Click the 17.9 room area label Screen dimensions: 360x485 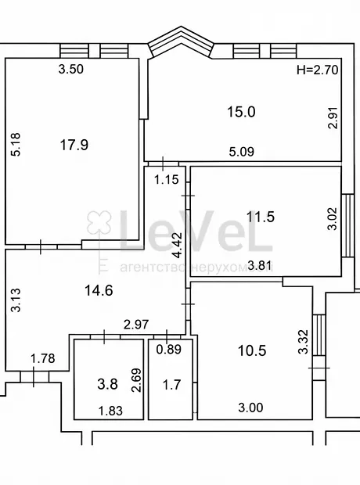click(74, 145)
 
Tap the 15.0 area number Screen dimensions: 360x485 click(241, 112)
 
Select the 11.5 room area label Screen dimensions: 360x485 click(261, 217)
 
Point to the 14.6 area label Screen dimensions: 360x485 click(99, 290)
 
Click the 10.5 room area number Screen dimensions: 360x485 click(252, 350)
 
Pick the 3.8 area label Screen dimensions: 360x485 click(107, 384)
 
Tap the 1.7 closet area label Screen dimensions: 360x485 click(171, 385)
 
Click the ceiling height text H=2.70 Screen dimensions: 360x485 click(318, 70)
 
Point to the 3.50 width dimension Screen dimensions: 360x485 click(71, 69)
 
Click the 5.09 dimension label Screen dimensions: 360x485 click(242, 152)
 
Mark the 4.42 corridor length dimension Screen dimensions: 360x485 click(178, 246)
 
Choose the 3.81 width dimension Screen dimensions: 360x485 click(260, 265)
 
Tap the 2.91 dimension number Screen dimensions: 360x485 click(333, 118)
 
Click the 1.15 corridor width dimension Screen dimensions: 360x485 click(167, 179)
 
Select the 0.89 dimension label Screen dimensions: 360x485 click(169, 350)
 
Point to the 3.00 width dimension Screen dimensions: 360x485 click(250, 408)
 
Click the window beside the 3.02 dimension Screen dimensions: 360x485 click(347, 225)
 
